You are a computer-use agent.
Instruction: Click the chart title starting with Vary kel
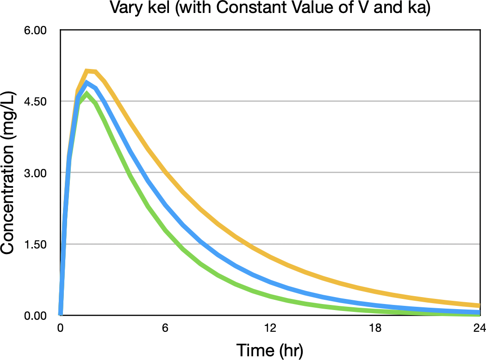pos(270,8)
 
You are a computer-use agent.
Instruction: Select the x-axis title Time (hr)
pos(270,350)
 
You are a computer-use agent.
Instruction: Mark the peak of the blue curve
pos(87,83)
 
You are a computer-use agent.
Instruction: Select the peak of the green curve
pos(86,93)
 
